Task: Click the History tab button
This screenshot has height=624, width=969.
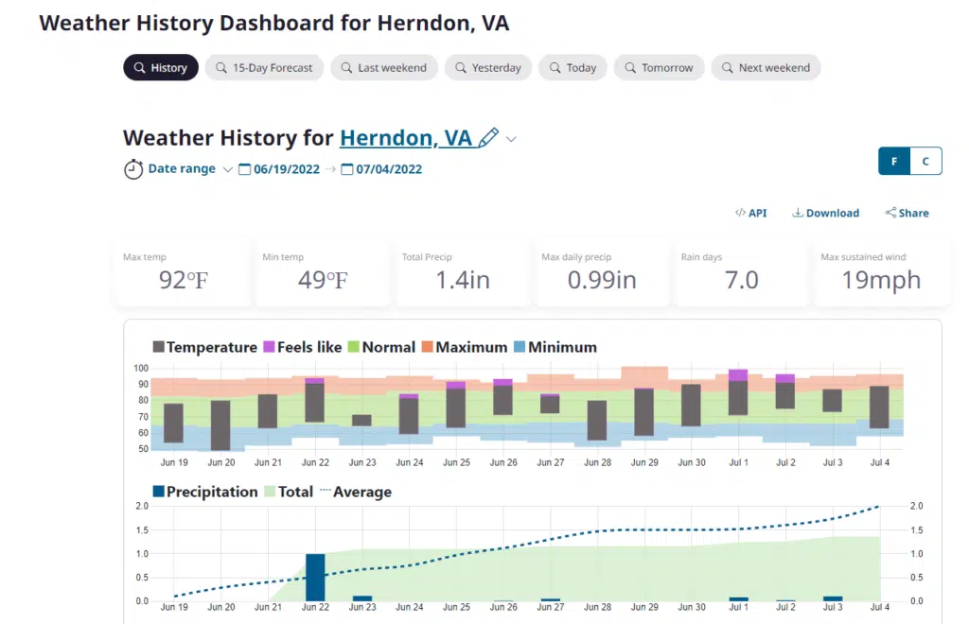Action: coord(161,68)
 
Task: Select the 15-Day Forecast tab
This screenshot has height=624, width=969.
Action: coord(264,68)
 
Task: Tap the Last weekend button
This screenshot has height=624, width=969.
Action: coord(383,68)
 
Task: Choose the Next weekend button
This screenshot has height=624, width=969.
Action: coord(766,68)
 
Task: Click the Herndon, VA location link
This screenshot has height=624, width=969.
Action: coord(405,138)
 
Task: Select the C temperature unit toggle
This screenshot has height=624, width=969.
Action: coord(925,162)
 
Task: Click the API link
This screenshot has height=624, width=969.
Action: coord(751,214)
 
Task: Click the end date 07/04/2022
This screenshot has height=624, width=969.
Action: coord(387,170)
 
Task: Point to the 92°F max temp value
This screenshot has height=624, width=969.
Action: coord(183,281)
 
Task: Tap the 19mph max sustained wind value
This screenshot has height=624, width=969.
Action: coord(880,281)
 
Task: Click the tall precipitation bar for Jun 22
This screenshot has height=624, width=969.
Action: coord(315,577)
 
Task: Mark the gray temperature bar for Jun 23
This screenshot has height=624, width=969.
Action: coord(361,421)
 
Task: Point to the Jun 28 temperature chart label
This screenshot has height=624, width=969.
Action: coord(597,463)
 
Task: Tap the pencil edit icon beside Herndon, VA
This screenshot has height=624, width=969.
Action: coord(488,138)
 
